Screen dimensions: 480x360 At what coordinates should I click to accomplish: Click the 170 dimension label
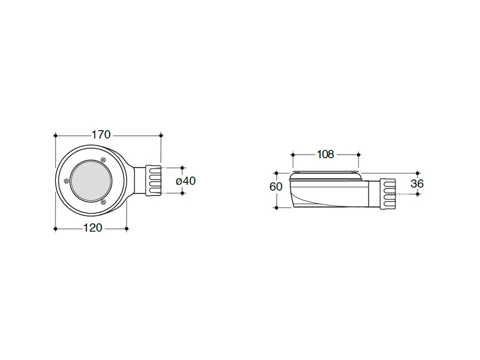pyautogui.click(x=101, y=134)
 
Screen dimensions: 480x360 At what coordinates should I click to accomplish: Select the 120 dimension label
pyautogui.click(x=93, y=228)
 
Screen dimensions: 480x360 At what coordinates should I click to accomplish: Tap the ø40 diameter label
pyautogui.click(x=186, y=181)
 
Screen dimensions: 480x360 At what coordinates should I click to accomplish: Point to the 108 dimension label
pyautogui.click(x=325, y=154)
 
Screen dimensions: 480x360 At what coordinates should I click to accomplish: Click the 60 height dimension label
pyautogui.click(x=276, y=187)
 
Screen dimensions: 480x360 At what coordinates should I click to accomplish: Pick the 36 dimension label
pyautogui.click(x=417, y=184)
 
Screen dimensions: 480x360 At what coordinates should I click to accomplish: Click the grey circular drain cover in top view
pyautogui.click(x=91, y=181)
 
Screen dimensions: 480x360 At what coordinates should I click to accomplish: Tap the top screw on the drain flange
pyautogui.click(x=103, y=160)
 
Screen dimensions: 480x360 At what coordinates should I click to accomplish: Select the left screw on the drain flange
pyautogui.click(x=66, y=181)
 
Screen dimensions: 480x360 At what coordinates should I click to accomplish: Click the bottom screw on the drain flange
pyautogui.click(x=103, y=202)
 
